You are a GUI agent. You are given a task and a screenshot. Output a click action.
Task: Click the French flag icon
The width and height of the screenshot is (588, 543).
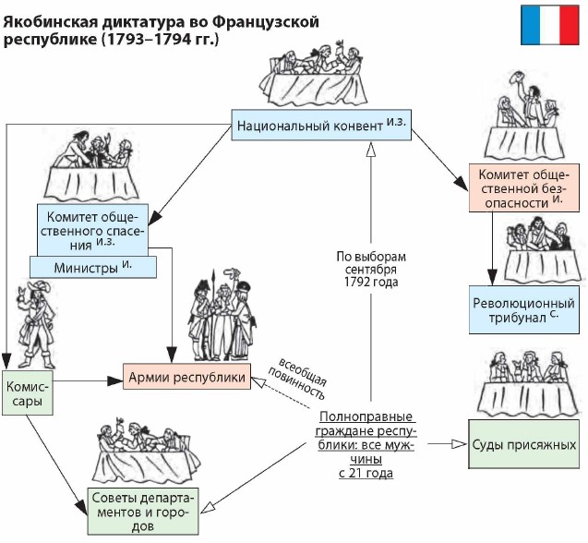pos(551,26)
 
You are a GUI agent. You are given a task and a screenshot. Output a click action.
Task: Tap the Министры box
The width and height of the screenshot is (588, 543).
pos(92,267)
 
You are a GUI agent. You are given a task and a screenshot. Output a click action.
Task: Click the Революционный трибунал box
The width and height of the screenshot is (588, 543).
pos(523,310)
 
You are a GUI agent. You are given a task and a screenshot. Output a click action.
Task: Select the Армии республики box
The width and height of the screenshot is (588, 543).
pos(186,378)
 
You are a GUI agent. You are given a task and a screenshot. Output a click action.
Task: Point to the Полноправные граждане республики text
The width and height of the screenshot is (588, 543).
pos(366,443)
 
